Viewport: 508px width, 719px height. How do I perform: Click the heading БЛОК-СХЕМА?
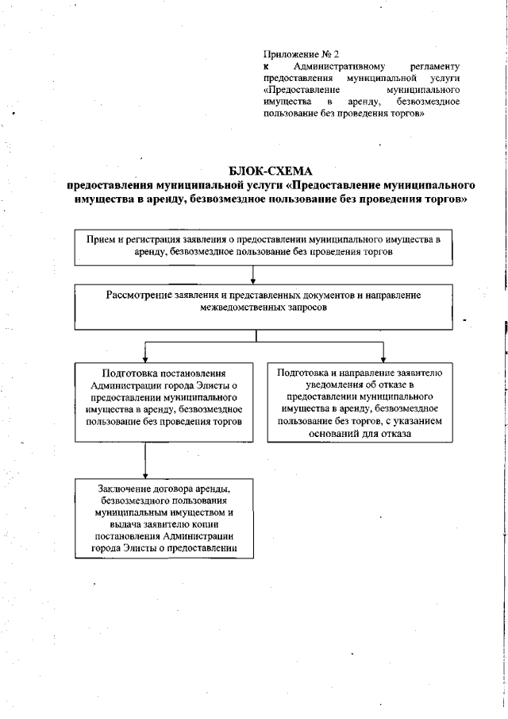[x=271, y=170]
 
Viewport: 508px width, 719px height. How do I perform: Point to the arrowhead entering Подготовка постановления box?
[x=145, y=358]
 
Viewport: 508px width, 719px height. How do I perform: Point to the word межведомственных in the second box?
[x=231, y=306]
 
